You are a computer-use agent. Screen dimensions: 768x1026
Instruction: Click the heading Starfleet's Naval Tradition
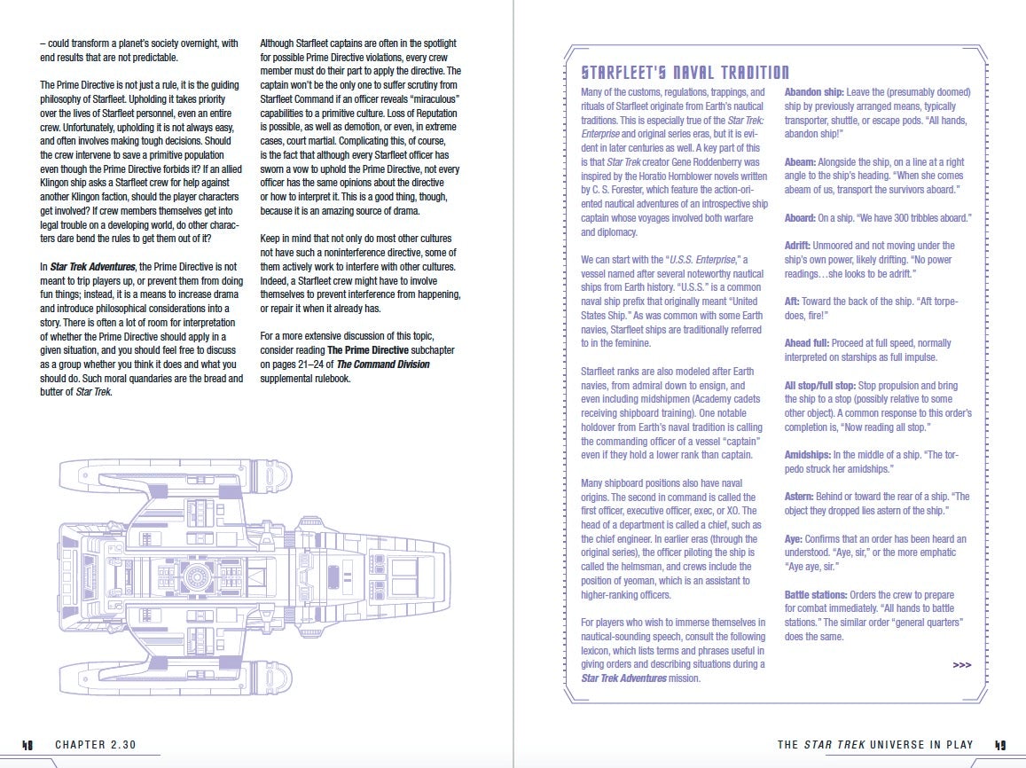coord(685,73)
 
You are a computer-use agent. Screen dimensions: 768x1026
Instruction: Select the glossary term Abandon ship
coord(813,92)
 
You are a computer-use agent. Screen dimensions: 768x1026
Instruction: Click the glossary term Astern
coord(799,497)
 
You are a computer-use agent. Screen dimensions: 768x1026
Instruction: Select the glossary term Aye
coord(794,538)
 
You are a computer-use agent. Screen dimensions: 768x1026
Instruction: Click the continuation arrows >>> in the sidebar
coord(961,664)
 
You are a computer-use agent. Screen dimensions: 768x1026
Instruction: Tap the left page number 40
coord(27,745)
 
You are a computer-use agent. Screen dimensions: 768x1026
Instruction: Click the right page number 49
coord(999,745)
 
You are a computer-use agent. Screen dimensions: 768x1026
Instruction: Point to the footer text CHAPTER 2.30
coord(95,745)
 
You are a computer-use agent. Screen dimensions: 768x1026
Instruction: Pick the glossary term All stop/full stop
coord(818,386)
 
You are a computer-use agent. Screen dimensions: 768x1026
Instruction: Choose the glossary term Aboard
coord(801,218)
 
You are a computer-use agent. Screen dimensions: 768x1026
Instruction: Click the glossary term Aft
coord(791,302)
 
